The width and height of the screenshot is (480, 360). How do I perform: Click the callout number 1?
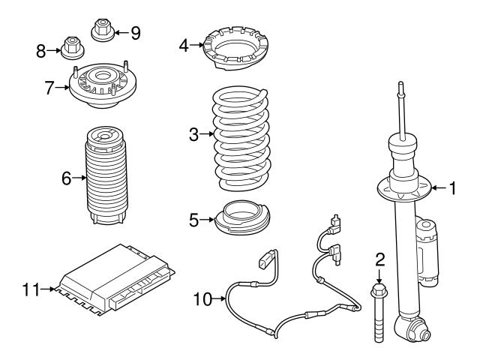[452, 187]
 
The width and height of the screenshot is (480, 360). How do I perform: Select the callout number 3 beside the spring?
[193, 135]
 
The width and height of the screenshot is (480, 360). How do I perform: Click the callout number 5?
[193, 220]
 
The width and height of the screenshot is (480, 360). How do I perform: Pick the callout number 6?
[66, 178]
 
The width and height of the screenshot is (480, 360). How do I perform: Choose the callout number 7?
[49, 88]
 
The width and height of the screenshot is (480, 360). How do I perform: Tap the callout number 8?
[41, 51]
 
